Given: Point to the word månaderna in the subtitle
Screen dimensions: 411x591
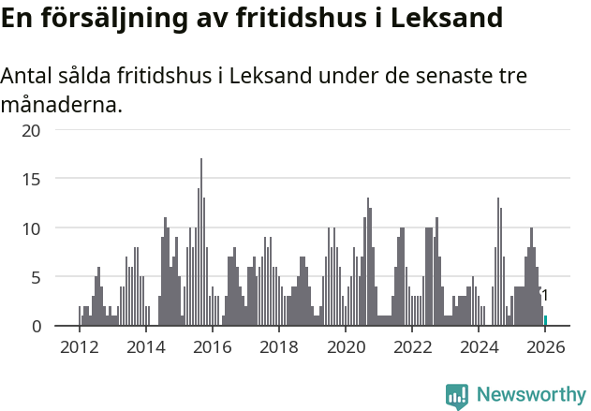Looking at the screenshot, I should click(61, 105).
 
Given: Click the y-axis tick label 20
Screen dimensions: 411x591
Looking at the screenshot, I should click(33, 130).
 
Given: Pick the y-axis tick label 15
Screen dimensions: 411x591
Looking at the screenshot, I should click(33, 179).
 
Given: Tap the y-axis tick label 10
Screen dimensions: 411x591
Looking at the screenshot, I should click(33, 228).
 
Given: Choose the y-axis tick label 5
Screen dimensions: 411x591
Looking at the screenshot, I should click(37, 277).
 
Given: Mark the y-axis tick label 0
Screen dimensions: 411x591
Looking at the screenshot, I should click(37, 326).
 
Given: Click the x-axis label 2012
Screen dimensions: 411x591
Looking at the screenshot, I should click(79, 346).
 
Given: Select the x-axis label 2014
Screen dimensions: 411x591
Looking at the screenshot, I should click(145, 346).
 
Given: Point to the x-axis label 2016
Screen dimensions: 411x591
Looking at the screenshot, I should click(212, 346).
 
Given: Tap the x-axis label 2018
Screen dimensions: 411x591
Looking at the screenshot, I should click(278, 346).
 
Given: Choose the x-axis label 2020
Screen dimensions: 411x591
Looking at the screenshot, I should click(345, 346).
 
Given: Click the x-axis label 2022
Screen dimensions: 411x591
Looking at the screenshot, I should click(411, 346).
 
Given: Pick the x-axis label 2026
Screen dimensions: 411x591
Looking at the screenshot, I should click(544, 346).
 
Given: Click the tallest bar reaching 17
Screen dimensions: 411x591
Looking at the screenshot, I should click(201, 243).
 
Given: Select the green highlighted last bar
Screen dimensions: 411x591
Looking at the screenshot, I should click(545, 321).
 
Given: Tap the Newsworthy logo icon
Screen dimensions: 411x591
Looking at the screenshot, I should click(457, 396).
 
